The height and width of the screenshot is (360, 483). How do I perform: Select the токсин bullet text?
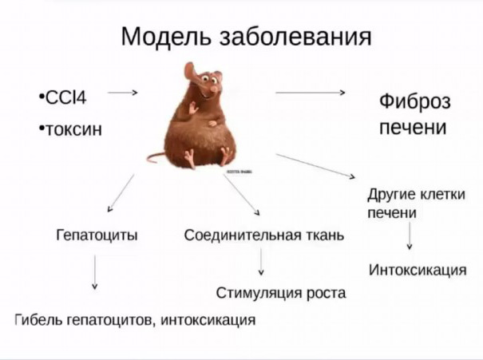[73, 129]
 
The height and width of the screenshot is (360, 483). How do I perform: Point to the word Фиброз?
[414, 102]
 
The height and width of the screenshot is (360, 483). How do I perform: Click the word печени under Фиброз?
[412, 128]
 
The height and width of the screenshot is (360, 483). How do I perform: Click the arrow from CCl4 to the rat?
[122, 93]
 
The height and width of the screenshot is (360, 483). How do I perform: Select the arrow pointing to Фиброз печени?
[310, 93]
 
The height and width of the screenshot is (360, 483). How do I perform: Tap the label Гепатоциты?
[97, 235]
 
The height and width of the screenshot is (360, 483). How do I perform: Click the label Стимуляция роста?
[281, 293]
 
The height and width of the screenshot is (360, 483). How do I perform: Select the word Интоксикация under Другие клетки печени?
[418, 270]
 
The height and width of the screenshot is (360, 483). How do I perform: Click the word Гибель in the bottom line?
[37, 320]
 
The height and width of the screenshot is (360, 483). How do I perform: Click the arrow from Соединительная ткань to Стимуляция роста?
[262, 263]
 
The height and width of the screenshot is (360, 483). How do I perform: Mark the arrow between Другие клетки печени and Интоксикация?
[410, 235]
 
